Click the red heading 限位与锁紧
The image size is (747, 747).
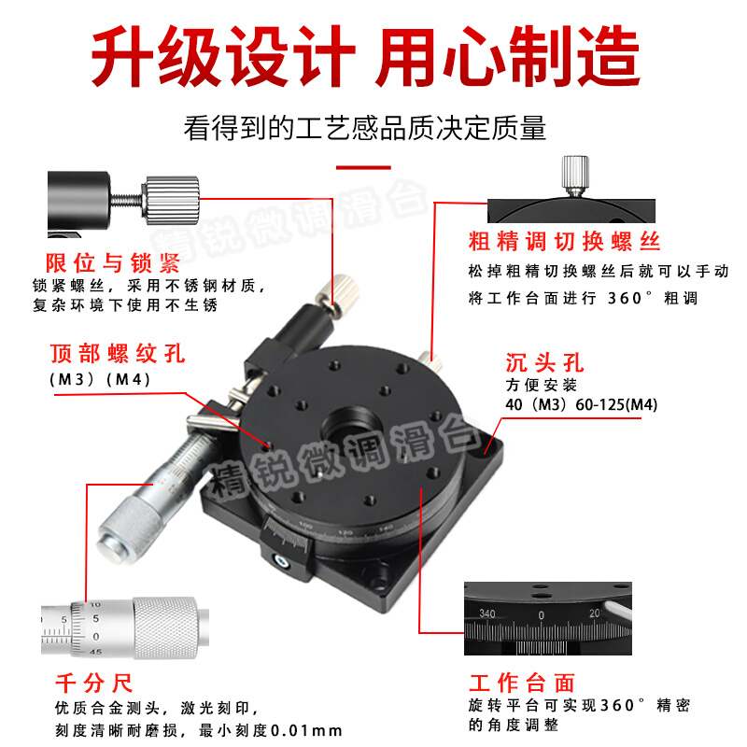tap(112, 262)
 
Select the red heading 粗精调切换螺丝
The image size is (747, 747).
tap(564, 242)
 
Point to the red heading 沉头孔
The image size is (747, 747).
tap(544, 362)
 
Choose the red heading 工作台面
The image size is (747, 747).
tap(521, 683)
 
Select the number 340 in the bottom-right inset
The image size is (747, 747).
tap(486, 613)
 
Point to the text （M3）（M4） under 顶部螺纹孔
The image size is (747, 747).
tap(99, 379)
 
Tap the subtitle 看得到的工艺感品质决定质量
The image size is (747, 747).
tap(364, 128)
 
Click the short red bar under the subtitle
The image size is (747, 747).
tap(363, 168)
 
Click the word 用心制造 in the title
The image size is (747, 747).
tap(509, 58)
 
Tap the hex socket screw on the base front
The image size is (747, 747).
tap(279, 561)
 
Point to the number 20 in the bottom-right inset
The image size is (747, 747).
tap(595, 613)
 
